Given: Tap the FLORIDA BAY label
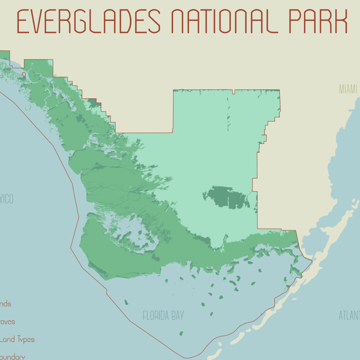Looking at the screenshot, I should tap(163, 315).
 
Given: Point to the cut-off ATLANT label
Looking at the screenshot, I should tap(349, 315).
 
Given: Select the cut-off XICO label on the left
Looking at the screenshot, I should tap(7, 199).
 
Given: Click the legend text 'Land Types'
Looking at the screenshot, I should tap(17, 340).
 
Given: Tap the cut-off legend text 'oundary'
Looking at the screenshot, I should tap(12, 357).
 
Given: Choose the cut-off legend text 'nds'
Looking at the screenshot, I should tap(5, 304).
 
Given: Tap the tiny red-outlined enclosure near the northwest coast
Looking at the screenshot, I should tap(24, 74).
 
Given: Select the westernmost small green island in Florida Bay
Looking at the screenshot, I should tap(126, 302).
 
